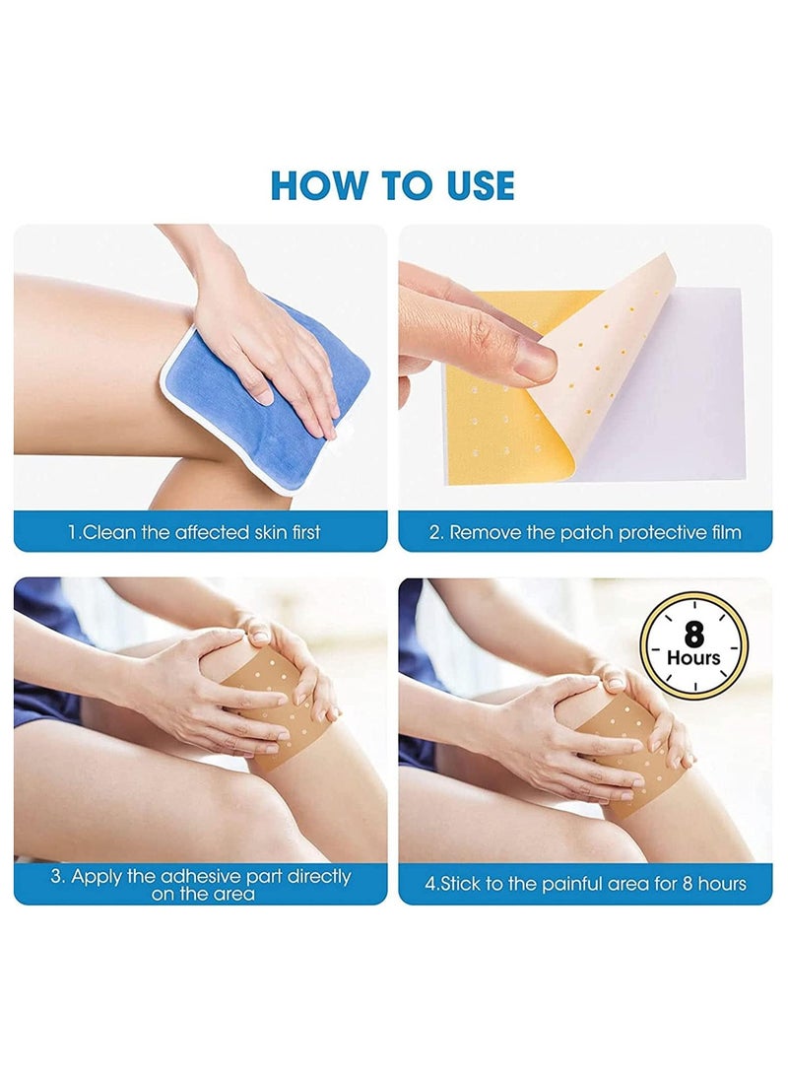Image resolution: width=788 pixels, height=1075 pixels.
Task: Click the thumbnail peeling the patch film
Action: point(585,369)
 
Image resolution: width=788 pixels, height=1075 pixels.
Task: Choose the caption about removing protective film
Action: point(585,532)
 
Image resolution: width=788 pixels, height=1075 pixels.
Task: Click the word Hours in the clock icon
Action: point(693,657)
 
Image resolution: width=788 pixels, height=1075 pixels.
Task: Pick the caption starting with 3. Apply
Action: point(200,884)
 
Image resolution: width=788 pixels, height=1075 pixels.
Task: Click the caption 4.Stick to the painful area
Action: point(585,884)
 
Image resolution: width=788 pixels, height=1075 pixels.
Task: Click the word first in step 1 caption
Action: point(304,533)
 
